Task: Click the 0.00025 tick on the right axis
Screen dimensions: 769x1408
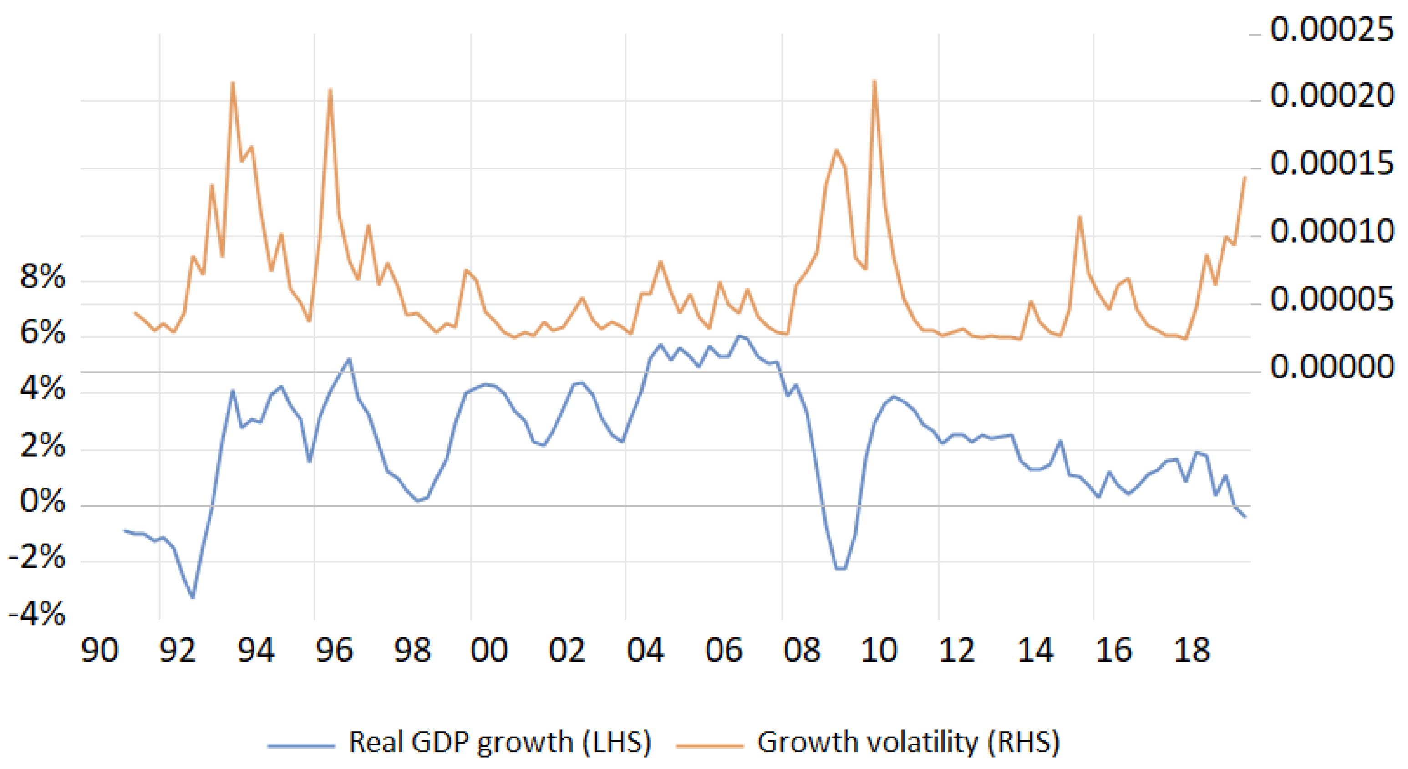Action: (1332, 30)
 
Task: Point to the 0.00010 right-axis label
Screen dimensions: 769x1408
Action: (1332, 231)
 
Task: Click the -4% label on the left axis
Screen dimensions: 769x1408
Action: (37, 614)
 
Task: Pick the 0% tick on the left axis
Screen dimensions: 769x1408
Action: (43, 501)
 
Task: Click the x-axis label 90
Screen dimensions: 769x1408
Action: (100, 651)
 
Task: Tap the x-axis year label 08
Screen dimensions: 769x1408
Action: (802, 651)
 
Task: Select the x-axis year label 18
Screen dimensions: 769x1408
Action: (1192, 651)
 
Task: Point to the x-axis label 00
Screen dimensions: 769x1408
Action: (489, 651)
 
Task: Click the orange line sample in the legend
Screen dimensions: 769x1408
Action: (710, 745)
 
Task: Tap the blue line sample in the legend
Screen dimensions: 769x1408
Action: (301, 745)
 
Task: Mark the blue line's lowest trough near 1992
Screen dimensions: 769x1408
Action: (193, 597)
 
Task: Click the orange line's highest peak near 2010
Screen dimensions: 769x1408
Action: (874, 81)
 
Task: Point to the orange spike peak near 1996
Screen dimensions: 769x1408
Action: (330, 89)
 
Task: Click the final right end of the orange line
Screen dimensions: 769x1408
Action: (1245, 177)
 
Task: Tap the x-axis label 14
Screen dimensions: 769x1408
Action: (1035, 651)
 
